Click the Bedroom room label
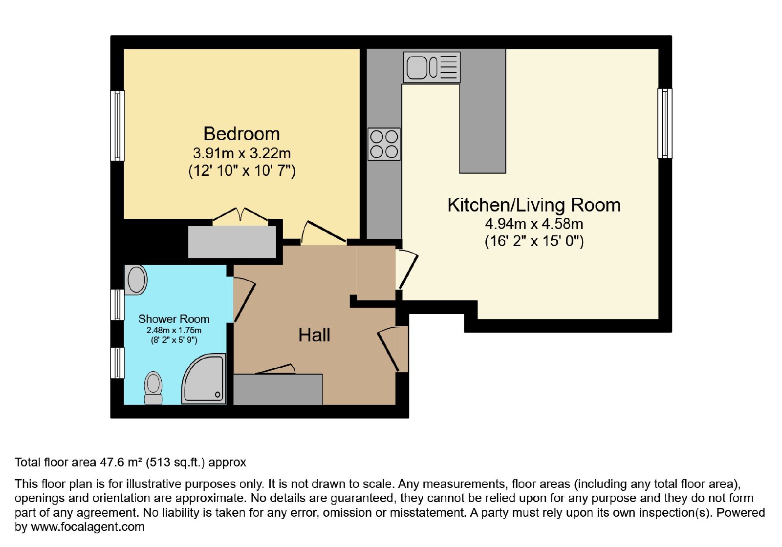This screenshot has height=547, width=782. (241, 134)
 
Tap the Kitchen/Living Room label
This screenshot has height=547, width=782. (534, 205)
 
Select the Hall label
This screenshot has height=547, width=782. (314, 335)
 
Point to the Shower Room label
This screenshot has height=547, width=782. (174, 319)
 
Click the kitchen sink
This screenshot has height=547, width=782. (432, 67)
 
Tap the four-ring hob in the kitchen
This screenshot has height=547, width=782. (384, 144)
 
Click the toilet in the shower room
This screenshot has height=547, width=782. (153, 388)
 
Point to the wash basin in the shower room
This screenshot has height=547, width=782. (136, 280)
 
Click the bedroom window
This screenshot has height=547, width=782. (117, 126)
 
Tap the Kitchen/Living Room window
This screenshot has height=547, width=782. (665, 123)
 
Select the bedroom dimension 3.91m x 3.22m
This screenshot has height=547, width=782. (241, 153)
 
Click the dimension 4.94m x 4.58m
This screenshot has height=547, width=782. (534, 224)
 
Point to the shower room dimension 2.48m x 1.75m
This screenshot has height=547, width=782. (174, 330)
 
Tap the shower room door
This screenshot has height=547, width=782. (244, 299)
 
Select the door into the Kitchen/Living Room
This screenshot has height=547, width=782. (407, 269)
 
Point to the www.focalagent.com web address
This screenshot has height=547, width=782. (87, 526)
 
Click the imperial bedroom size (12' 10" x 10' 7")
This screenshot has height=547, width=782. (241, 171)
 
